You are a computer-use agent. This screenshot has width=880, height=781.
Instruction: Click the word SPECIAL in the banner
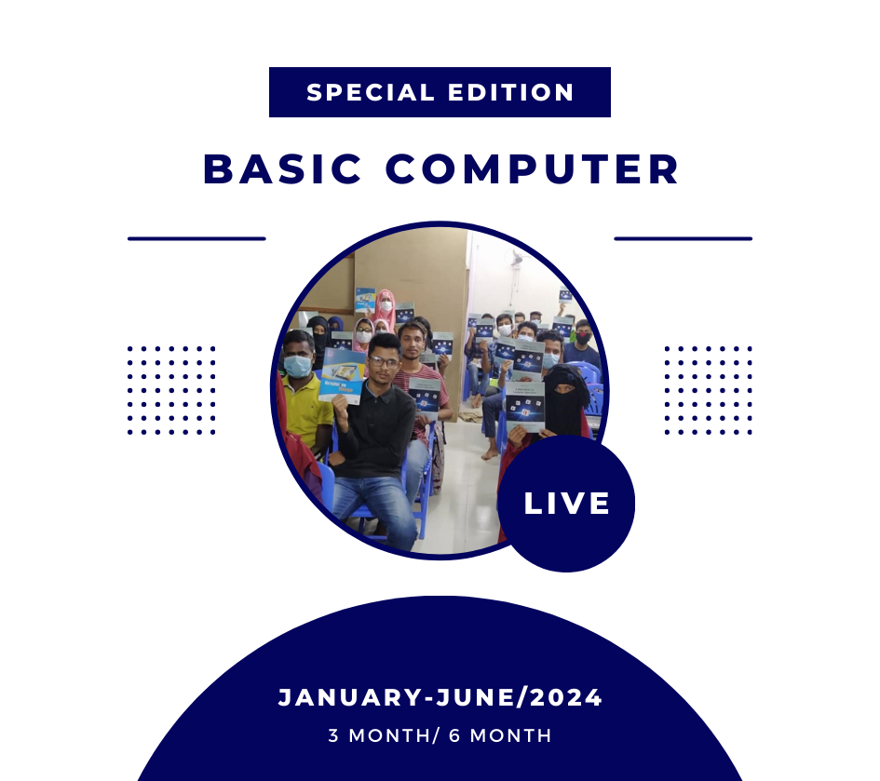[x=371, y=92]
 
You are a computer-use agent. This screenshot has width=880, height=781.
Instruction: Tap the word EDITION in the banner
[x=510, y=92]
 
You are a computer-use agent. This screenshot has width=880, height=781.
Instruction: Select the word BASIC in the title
[x=282, y=168]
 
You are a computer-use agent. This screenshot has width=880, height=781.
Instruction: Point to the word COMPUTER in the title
[x=532, y=168]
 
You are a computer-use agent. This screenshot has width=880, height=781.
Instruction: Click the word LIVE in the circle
[x=566, y=504]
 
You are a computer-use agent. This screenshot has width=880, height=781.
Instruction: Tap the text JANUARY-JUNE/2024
[x=440, y=698]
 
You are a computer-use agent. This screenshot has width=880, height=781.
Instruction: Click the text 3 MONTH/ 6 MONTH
[x=440, y=735]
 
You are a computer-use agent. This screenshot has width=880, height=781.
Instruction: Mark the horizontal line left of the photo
[x=196, y=238]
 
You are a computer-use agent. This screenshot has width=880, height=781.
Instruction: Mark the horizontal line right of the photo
[x=683, y=238]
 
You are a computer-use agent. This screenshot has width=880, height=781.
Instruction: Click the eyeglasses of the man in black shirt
[x=384, y=362]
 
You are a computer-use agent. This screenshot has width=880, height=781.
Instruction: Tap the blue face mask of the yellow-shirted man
[x=297, y=366]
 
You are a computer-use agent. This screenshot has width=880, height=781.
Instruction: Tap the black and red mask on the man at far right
[x=584, y=338]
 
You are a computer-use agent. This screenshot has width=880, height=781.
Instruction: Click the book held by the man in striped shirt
[x=425, y=397]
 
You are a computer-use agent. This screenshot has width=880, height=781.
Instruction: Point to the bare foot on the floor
[x=490, y=453]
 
